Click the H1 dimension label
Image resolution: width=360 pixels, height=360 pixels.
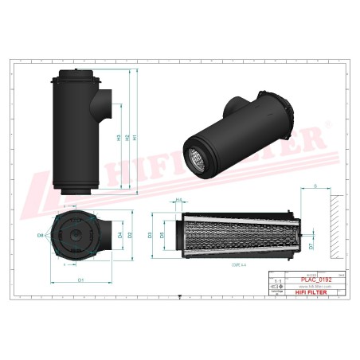[136, 137]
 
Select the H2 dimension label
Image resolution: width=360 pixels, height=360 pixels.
[127, 137]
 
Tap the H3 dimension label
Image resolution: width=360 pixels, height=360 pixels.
[119, 137]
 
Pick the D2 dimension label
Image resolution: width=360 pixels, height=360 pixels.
[128, 236]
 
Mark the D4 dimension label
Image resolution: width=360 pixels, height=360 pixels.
[119, 236]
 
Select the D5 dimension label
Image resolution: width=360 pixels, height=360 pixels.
[162, 236]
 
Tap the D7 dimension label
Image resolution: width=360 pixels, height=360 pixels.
[311, 246]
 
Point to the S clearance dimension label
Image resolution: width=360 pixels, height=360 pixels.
[316, 186]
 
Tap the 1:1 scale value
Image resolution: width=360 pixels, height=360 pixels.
[278, 282]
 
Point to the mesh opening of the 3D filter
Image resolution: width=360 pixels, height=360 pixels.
[195, 162]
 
